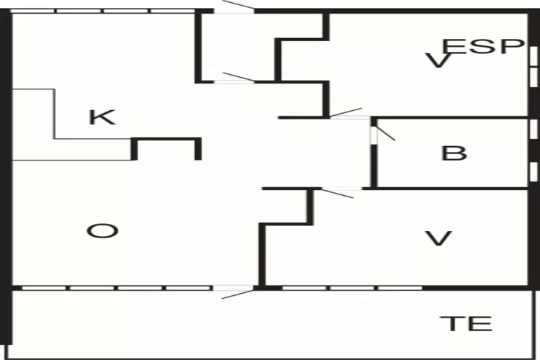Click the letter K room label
pyautogui.click(x=102, y=117)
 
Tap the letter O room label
pyautogui.click(x=102, y=231)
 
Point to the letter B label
pyautogui.click(x=454, y=153)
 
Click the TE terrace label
pyautogui.click(x=467, y=323)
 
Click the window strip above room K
pyautogui.click(x=104, y=11)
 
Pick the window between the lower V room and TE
pyautogui.click(x=353, y=288)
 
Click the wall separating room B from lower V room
pyautogui.click(x=454, y=189)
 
